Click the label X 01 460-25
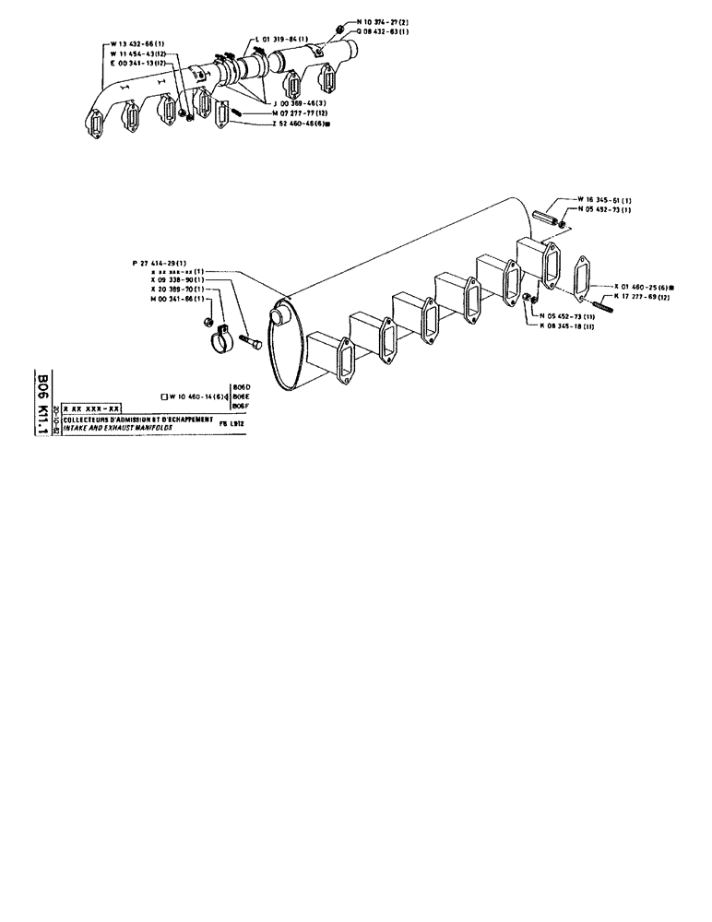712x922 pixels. tap(633, 287)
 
